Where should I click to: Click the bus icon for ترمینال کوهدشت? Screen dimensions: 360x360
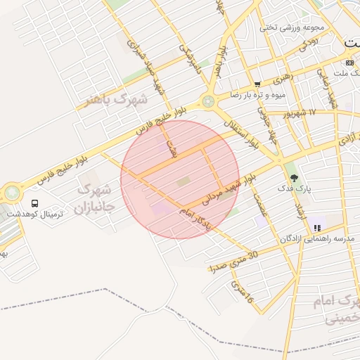35,203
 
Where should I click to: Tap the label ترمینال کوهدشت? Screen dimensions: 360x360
35,213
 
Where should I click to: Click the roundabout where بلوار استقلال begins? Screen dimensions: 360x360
208,101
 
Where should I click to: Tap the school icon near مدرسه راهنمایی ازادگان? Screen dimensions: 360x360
318,228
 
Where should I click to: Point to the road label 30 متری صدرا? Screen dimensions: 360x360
233,261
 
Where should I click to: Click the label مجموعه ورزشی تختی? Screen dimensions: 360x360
292,28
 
